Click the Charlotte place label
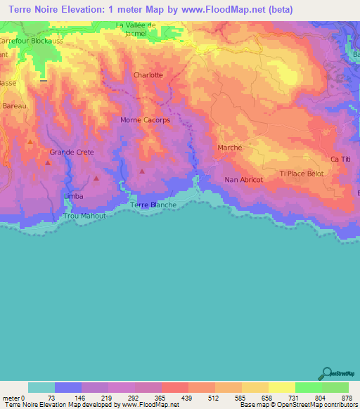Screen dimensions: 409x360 (x=148, y=75)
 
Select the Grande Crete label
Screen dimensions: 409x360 (x=71, y=152)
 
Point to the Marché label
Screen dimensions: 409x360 (x=230, y=148)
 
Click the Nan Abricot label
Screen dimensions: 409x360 (x=243, y=180)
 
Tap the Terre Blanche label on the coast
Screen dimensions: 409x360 (x=153, y=205)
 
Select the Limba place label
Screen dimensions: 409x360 (x=73, y=196)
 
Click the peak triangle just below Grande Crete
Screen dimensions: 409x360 (x=48, y=163)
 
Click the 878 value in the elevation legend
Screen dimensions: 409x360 (x=347, y=398)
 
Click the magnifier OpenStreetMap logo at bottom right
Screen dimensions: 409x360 (x=326, y=373)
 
